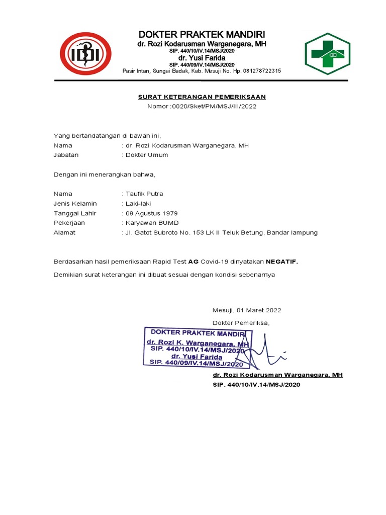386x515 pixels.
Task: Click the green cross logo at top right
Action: click(x=326, y=53)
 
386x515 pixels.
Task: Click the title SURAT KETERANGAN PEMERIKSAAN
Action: click(x=202, y=97)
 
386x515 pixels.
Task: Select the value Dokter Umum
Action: click(x=146, y=155)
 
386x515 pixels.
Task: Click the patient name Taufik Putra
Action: click(x=144, y=194)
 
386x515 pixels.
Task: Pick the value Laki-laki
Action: click(x=138, y=204)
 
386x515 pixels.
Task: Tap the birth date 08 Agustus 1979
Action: click(x=151, y=213)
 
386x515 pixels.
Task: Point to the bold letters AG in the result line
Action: click(x=194, y=262)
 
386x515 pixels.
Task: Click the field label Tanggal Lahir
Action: click(x=75, y=213)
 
